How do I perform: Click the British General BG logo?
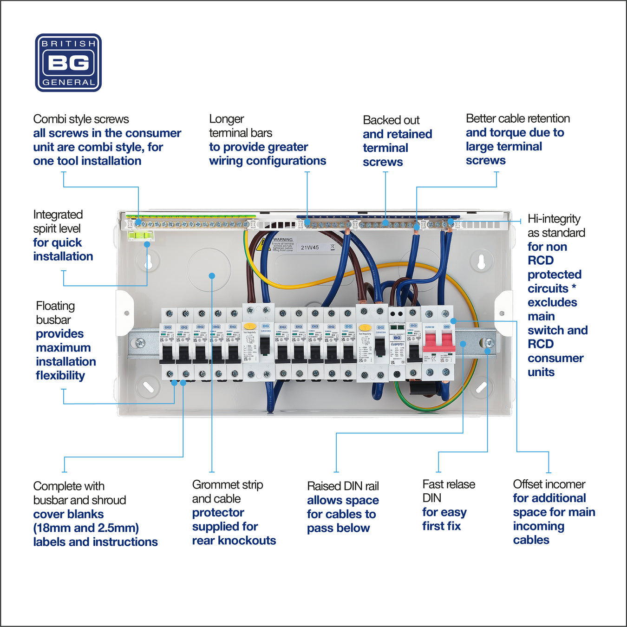[68, 63]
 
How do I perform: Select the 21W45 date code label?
[310, 248]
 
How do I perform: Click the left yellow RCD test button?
[249, 327]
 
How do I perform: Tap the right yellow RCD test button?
[365, 327]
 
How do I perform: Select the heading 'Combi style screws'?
[81, 119]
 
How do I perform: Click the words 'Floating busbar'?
[55, 313]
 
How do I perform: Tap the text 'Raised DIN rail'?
[343, 486]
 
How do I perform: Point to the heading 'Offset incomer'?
[549, 484]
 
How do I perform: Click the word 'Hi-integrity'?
[554, 219]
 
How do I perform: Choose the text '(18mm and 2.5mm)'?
[86, 528]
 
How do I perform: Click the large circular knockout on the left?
[209, 269]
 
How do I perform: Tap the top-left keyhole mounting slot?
[148, 262]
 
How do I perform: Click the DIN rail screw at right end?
[489, 343]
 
